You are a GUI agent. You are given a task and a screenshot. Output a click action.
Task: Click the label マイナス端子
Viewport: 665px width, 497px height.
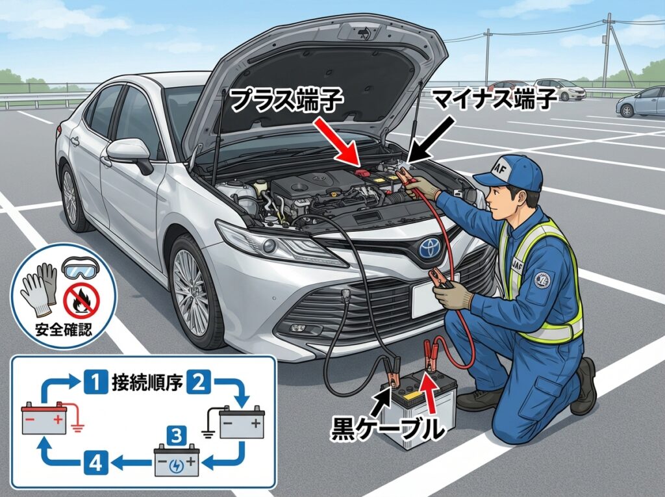click(x=494, y=99)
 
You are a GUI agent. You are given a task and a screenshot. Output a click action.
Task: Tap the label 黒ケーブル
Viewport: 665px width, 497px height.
click(x=386, y=427)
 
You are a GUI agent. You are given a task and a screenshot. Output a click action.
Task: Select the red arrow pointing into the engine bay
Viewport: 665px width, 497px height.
click(x=337, y=142)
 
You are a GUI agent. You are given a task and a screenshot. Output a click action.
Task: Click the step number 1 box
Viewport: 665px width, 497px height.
click(x=95, y=381)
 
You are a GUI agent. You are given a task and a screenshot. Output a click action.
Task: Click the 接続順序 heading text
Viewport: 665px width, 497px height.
click(x=147, y=382)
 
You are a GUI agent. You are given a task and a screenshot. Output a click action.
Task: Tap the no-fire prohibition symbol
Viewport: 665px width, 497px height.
click(x=81, y=301)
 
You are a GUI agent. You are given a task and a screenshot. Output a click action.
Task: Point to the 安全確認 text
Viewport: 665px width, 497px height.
click(x=64, y=329)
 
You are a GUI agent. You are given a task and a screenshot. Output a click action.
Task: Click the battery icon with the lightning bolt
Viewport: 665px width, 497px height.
click(x=177, y=461)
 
